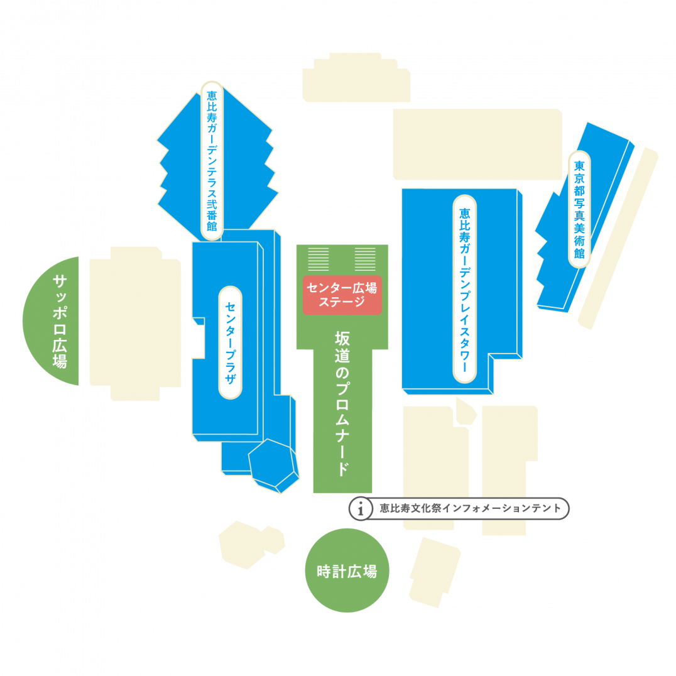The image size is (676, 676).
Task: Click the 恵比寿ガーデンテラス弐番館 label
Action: pyautogui.click(x=212, y=160)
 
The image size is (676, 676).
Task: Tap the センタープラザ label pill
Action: pyautogui.click(x=230, y=342)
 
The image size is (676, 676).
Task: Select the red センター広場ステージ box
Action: pyautogui.click(x=342, y=295)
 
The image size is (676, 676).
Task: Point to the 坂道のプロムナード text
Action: pyautogui.click(x=342, y=403)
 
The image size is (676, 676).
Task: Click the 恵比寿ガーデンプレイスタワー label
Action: pyautogui.click(x=464, y=289)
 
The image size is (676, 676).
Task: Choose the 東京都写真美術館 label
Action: pyautogui.click(x=579, y=210)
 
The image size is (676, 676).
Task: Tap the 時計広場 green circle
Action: pyautogui.click(x=347, y=570)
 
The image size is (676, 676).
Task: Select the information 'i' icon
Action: pyautogui.click(x=361, y=509)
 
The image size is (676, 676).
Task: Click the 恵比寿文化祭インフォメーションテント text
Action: pyautogui.click(x=471, y=508)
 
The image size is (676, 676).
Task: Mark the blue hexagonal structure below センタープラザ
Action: pyautogui.click(x=273, y=466)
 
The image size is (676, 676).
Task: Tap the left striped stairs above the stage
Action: pyautogui.click(x=318, y=259)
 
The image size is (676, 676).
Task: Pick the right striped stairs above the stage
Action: pyautogui.click(x=365, y=259)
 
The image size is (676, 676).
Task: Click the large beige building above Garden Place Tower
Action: pyautogui.click(x=477, y=144)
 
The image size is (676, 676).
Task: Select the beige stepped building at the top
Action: pyautogui.click(x=356, y=78)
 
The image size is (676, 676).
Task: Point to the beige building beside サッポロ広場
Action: pyautogui.click(x=135, y=324)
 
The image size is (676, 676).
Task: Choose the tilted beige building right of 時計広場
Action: pyautogui.click(x=435, y=572)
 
